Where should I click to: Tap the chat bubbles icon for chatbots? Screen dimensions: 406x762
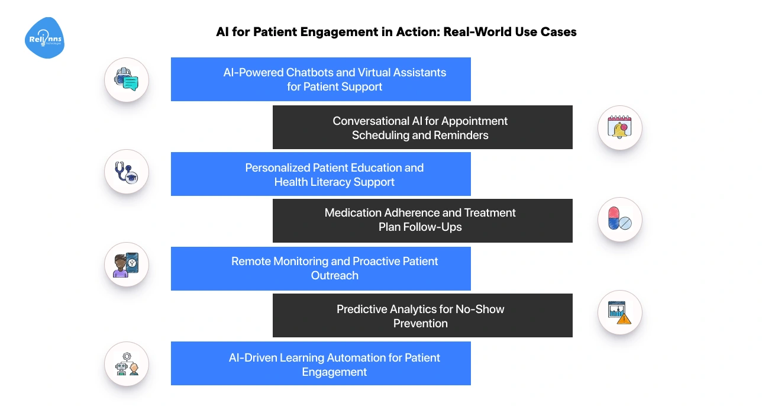(x=126, y=79)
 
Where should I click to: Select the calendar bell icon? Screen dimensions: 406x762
(x=619, y=127)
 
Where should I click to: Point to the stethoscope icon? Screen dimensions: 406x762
(x=126, y=174)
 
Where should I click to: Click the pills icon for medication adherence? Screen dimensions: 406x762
(x=619, y=220)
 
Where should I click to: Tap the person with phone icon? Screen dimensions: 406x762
(x=126, y=265)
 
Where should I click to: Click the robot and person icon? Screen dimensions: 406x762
(x=126, y=363)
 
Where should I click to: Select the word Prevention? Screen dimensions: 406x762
(x=421, y=324)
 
